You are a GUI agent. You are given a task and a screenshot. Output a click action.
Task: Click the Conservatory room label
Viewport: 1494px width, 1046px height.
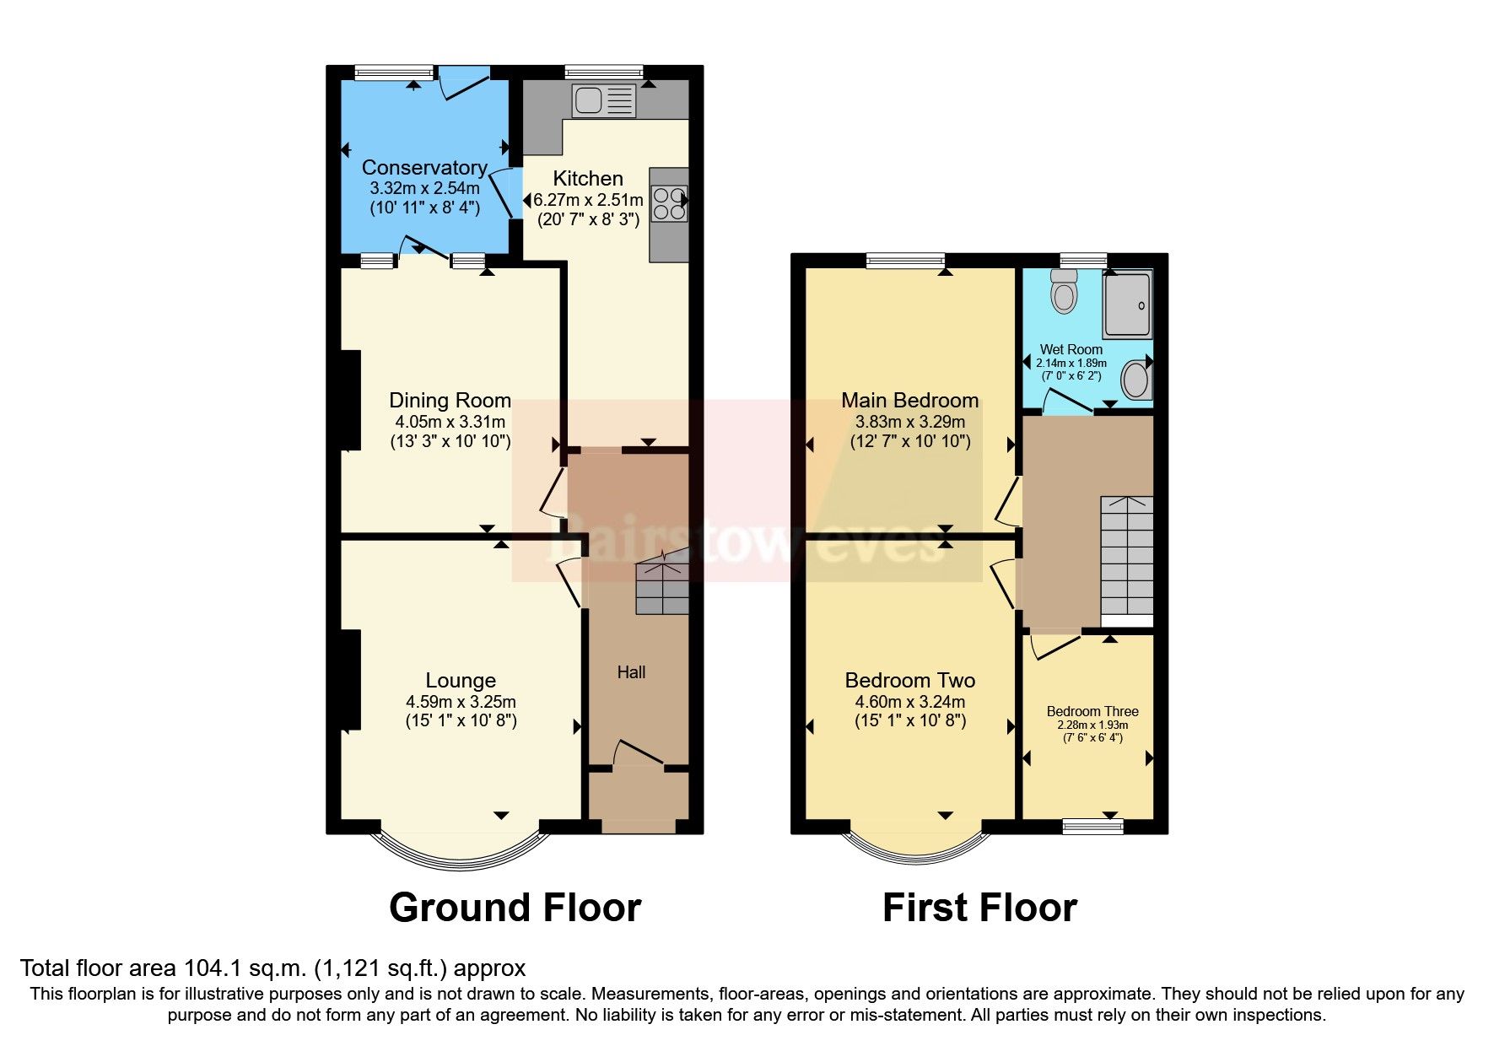pyautogui.click(x=424, y=168)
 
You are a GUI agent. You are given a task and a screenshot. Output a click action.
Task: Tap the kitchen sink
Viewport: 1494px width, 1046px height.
pyautogui.click(x=603, y=101)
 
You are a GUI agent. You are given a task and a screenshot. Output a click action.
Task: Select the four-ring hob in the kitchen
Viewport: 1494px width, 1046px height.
pyautogui.click(x=669, y=202)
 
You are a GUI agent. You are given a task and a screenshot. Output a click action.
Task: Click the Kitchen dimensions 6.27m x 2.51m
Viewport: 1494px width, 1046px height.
pyautogui.click(x=588, y=200)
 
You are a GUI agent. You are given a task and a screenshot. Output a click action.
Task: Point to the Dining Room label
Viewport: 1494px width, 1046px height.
pyautogui.click(x=450, y=400)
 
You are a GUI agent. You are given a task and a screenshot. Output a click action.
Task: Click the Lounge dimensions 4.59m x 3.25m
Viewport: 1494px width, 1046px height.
pyautogui.click(x=461, y=702)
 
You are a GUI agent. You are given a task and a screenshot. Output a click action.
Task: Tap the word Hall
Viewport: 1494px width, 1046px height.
pyautogui.click(x=631, y=672)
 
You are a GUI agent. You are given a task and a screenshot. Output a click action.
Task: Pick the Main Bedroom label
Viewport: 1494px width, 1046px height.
pyautogui.click(x=910, y=400)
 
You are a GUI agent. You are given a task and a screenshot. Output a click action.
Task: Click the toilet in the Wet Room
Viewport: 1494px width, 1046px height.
pyautogui.click(x=1065, y=292)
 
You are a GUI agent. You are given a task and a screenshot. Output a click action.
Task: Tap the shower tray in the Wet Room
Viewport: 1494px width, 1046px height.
pyautogui.click(x=1127, y=305)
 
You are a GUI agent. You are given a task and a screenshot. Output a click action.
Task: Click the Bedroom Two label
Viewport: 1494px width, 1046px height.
pyautogui.click(x=910, y=680)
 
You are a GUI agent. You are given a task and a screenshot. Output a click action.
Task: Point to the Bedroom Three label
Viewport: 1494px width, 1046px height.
pyautogui.click(x=1092, y=711)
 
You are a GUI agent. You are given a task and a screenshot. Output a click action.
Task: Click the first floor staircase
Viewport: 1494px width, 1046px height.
pyautogui.click(x=1126, y=557)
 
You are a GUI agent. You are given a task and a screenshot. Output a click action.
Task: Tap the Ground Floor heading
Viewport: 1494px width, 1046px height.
pyautogui.click(x=515, y=909)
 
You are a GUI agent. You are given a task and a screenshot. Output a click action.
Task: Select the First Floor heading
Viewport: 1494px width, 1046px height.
pyautogui.click(x=979, y=909)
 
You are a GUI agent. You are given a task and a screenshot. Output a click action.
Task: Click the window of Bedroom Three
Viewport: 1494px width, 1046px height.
pyautogui.click(x=1092, y=826)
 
